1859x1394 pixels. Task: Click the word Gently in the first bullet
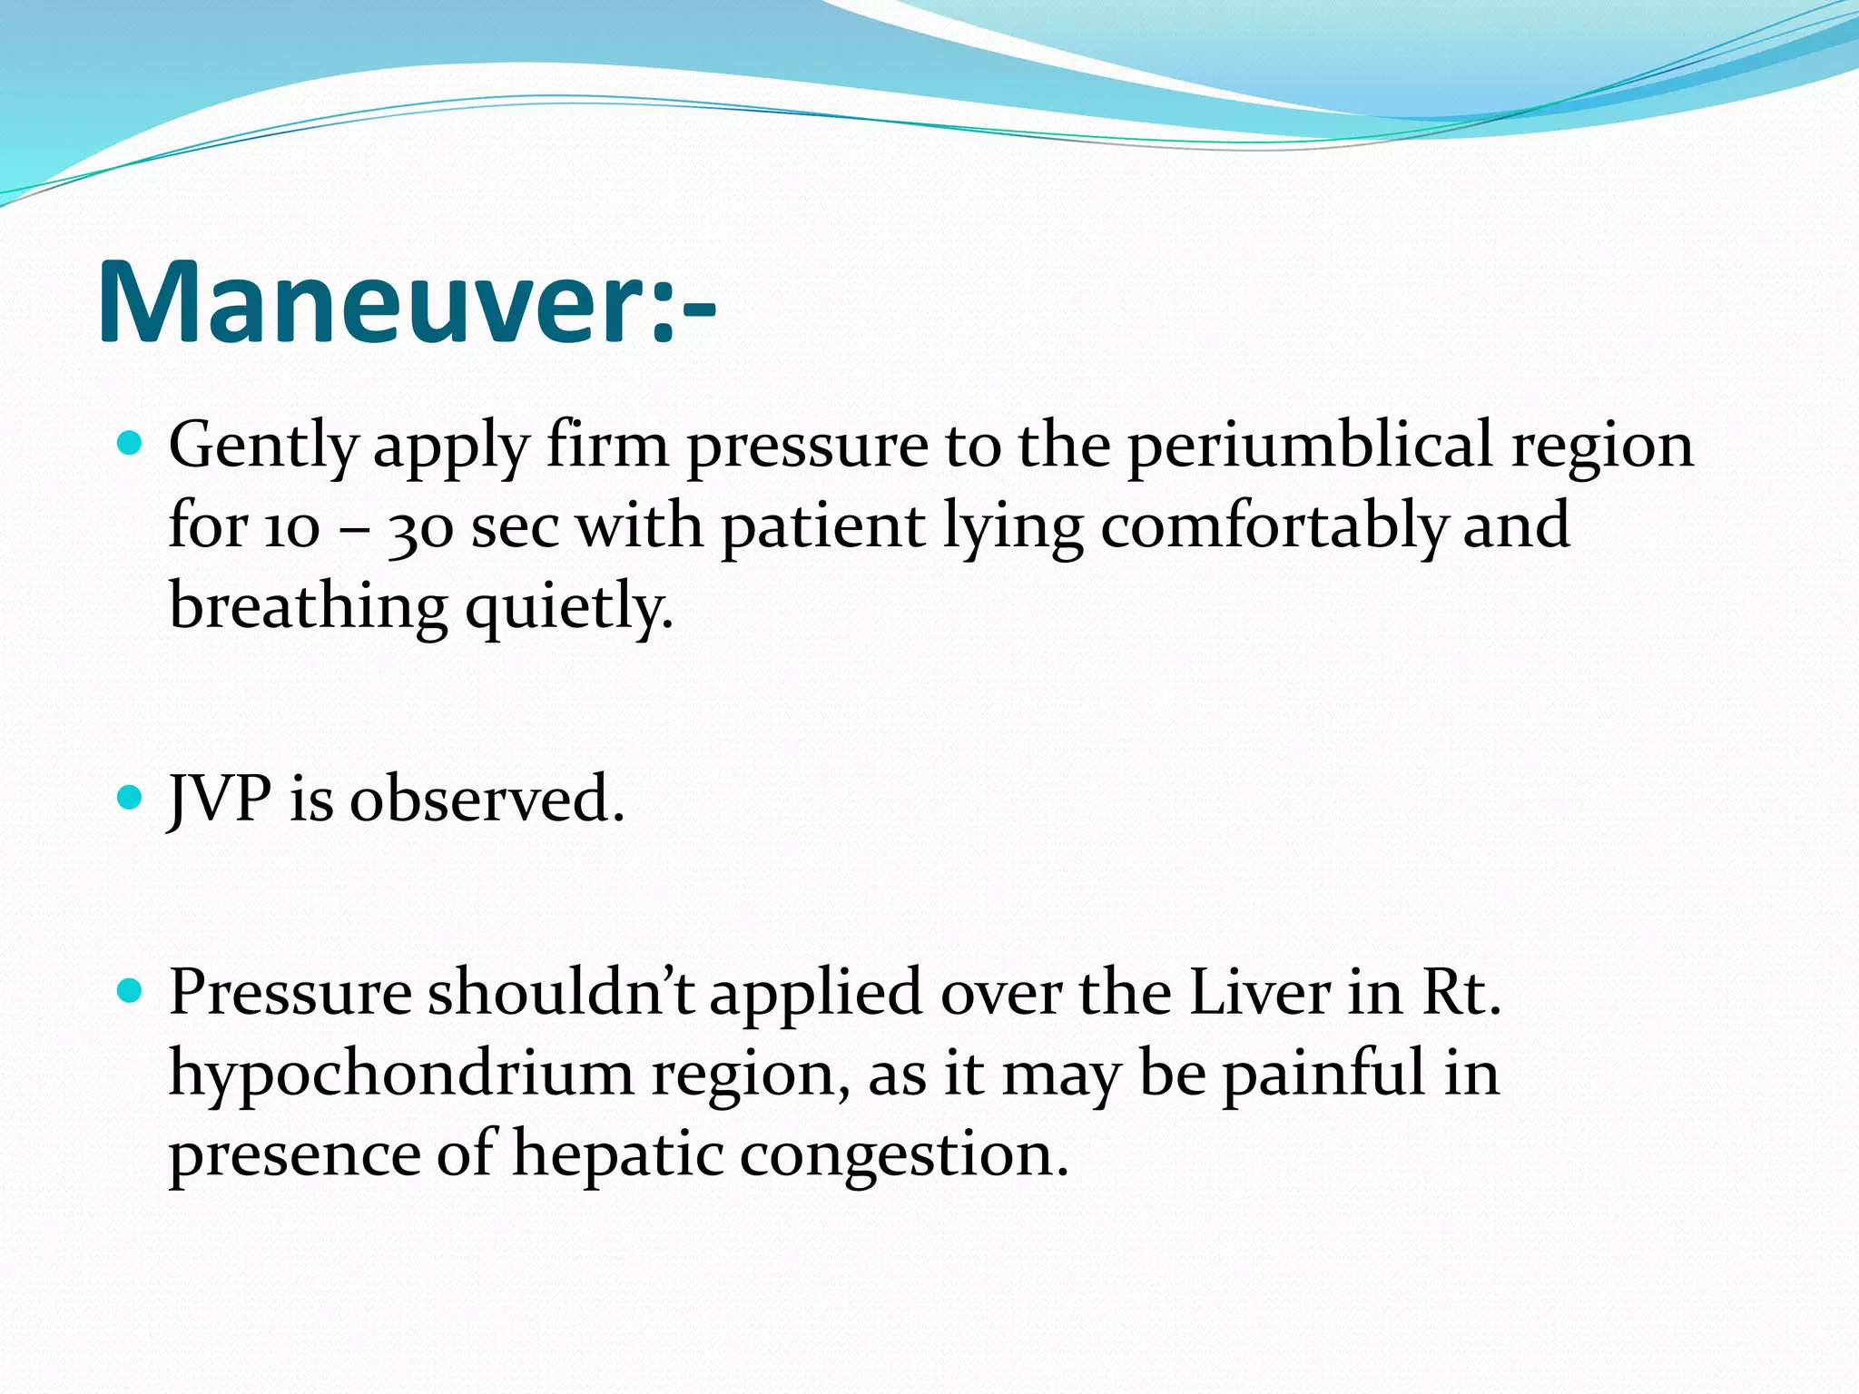(262, 447)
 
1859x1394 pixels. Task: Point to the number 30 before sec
(419, 526)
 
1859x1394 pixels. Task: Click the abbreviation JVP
(221, 799)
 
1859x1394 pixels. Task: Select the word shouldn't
(561, 991)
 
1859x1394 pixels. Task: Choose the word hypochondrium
(401, 1073)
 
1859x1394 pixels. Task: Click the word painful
(1323, 1073)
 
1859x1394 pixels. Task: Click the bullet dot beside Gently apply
(131, 444)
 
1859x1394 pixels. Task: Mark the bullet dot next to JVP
(131, 797)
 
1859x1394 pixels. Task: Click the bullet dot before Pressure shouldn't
(131, 989)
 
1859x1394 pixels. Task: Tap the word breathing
(309, 606)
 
